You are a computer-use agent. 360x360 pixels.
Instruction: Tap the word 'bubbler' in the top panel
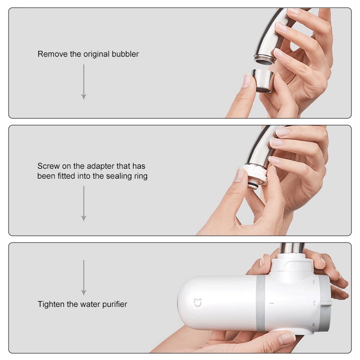pyautogui.click(x=125, y=54)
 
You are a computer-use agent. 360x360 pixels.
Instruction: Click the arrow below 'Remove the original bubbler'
pyautogui.click(x=84, y=82)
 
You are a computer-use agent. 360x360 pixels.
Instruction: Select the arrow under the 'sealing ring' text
pyautogui.click(x=84, y=203)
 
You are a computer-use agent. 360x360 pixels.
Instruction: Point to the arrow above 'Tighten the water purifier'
pyautogui.click(x=84, y=278)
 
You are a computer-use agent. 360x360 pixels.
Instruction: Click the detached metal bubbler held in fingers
pyautogui.click(x=262, y=81)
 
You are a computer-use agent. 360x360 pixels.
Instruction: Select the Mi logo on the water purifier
pyautogui.click(x=198, y=302)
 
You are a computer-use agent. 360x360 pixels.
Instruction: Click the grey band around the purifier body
pyautogui.click(x=261, y=303)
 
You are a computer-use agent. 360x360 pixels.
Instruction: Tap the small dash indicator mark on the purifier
pyautogui.click(x=272, y=303)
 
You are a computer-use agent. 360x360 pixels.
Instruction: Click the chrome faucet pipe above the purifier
pyautogui.click(x=292, y=248)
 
